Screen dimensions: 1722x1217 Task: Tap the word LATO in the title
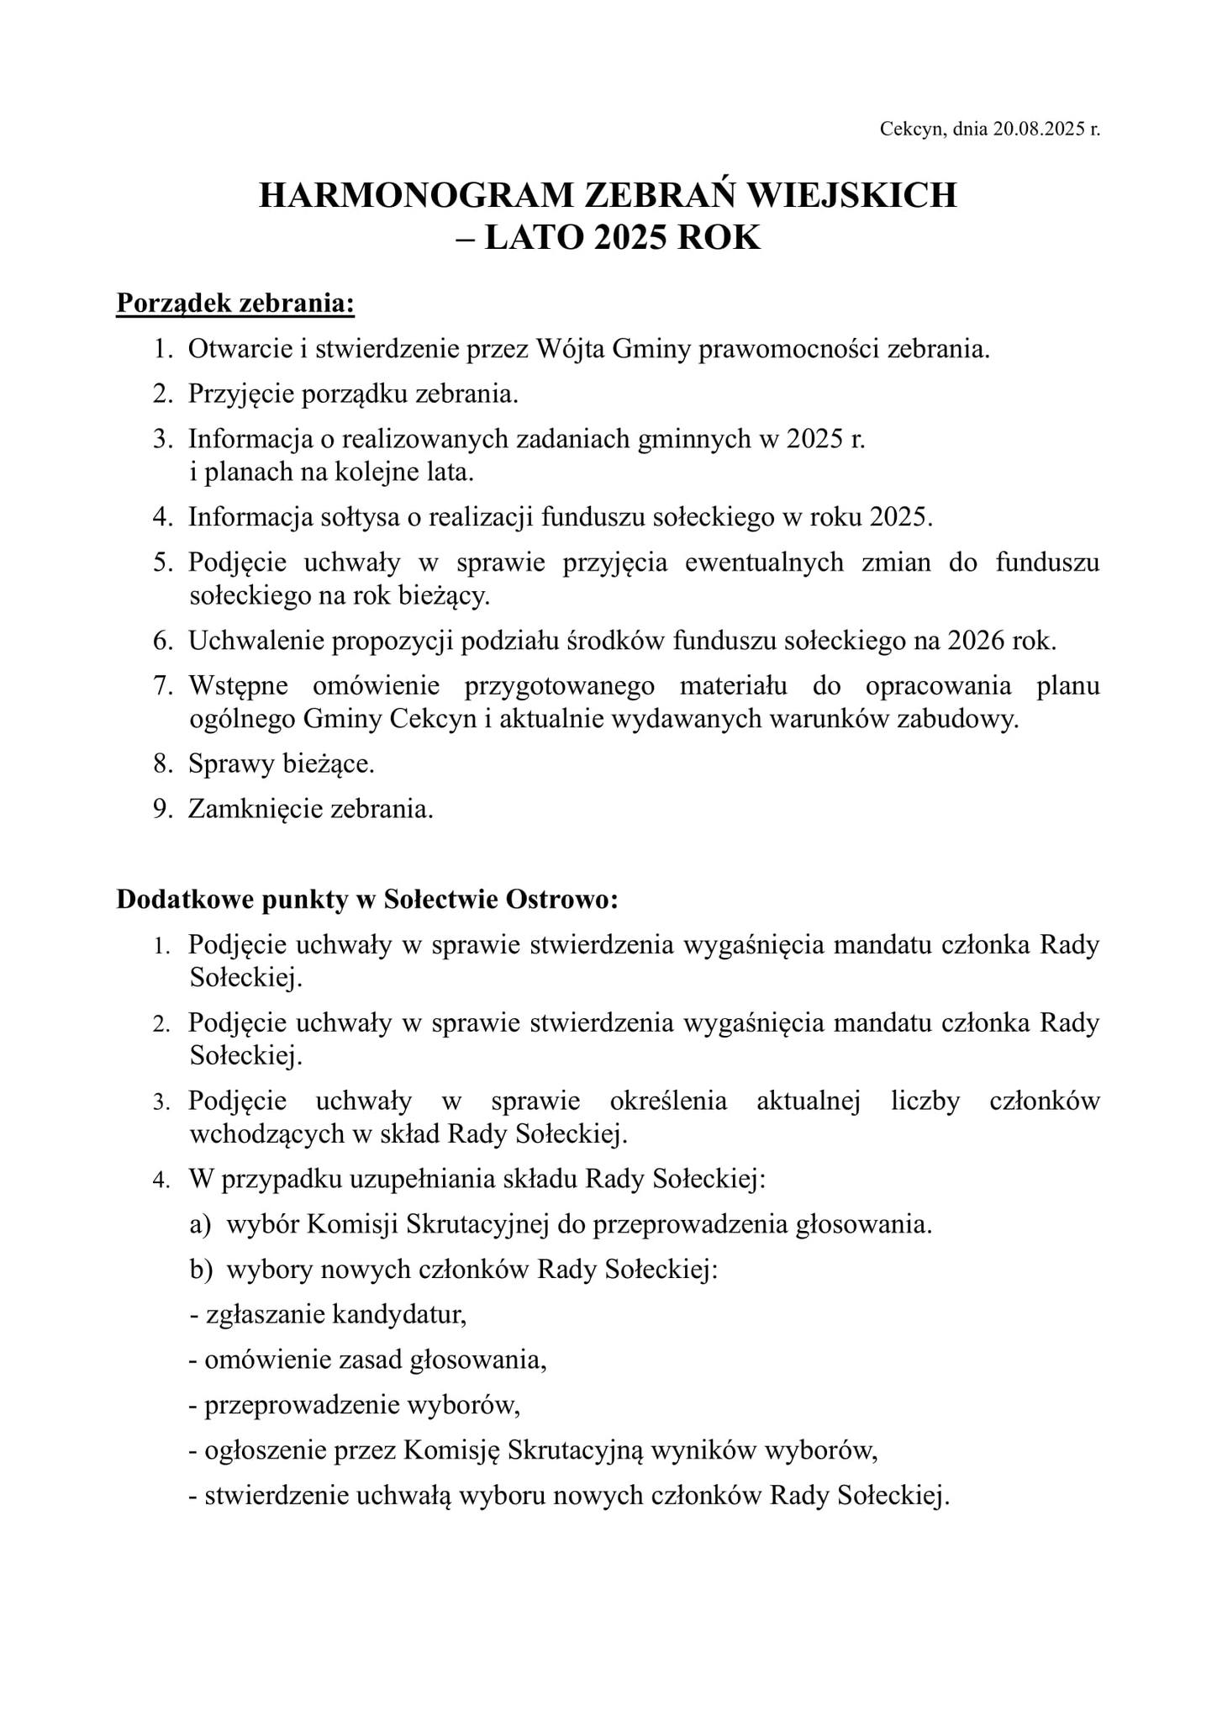click(535, 239)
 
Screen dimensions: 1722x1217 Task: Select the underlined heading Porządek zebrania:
click(235, 304)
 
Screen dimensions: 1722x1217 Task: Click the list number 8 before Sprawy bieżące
click(161, 764)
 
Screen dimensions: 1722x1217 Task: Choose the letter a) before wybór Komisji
click(200, 1224)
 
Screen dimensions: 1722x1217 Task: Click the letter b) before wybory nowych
click(201, 1270)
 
